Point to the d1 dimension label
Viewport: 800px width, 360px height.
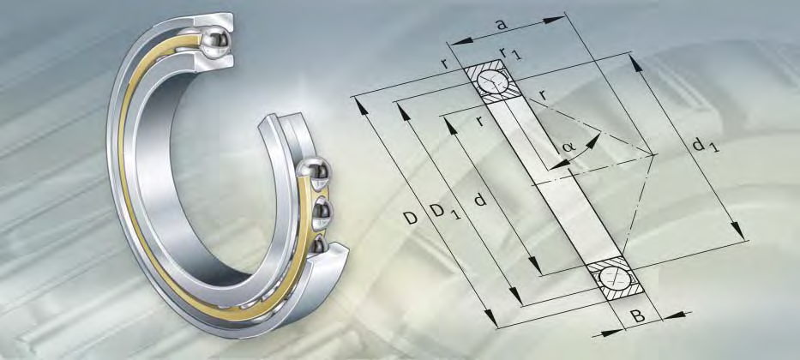[x=706, y=147]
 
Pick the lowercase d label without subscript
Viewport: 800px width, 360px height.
[x=480, y=201]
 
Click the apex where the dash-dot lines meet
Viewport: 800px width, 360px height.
[x=654, y=155]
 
